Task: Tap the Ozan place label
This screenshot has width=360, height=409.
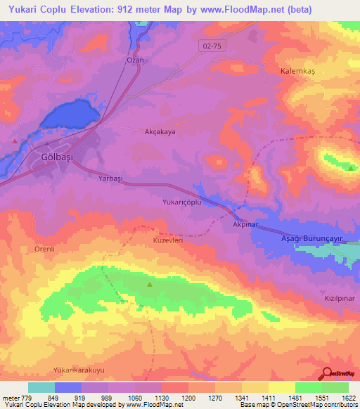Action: pyautogui.click(x=135, y=60)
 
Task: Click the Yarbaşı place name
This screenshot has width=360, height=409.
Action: pyautogui.click(x=110, y=179)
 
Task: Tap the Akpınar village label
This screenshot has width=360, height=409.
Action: pyautogui.click(x=247, y=225)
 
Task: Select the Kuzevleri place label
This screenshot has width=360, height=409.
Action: pyautogui.click(x=168, y=240)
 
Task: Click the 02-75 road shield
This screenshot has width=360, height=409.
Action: pyautogui.click(x=208, y=44)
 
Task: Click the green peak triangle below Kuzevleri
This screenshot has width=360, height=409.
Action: pyautogui.click(x=150, y=285)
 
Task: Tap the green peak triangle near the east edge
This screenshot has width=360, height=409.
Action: pyautogui.click(x=350, y=167)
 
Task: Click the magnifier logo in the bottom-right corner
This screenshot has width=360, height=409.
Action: pyautogui.click(x=327, y=373)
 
